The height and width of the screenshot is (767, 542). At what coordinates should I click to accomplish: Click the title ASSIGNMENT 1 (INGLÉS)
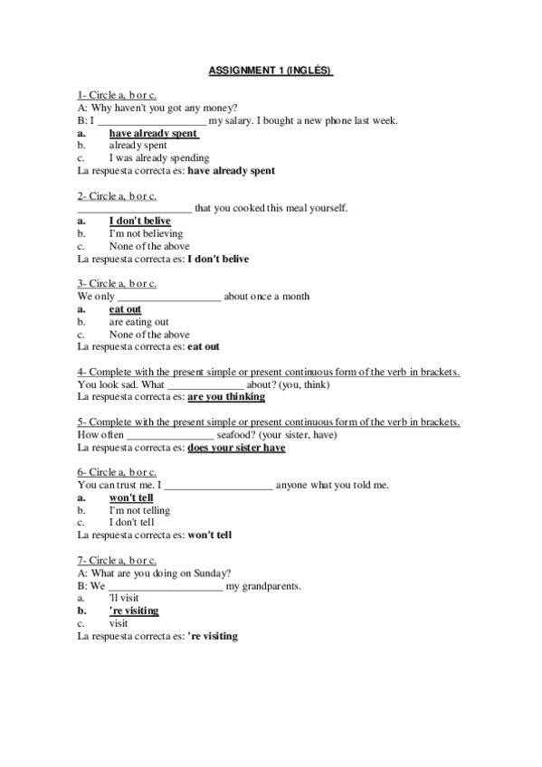click(271, 69)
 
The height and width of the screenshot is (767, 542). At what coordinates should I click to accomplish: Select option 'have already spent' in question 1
click(153, 133)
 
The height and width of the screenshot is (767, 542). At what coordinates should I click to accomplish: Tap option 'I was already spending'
click(158, 157)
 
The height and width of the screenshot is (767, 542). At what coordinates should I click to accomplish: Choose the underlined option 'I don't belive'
click(139, 221)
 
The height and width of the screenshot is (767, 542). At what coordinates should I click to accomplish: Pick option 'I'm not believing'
click(145, 233)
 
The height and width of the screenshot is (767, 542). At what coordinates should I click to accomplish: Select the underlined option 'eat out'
click(125, 309)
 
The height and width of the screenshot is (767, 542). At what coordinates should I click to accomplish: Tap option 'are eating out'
click(138, 322)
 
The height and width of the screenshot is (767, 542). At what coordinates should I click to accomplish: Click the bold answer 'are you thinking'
click(226, 396)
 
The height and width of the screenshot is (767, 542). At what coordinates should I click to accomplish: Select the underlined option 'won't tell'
click(130, 497)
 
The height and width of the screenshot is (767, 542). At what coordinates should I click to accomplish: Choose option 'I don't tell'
click(131, 522)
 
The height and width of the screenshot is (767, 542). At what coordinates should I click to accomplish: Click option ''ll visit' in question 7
click(125, 598)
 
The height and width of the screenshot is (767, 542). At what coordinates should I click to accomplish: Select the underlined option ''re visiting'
click(133, 611)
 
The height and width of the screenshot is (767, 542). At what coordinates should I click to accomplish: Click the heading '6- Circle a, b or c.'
click(118, 472)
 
